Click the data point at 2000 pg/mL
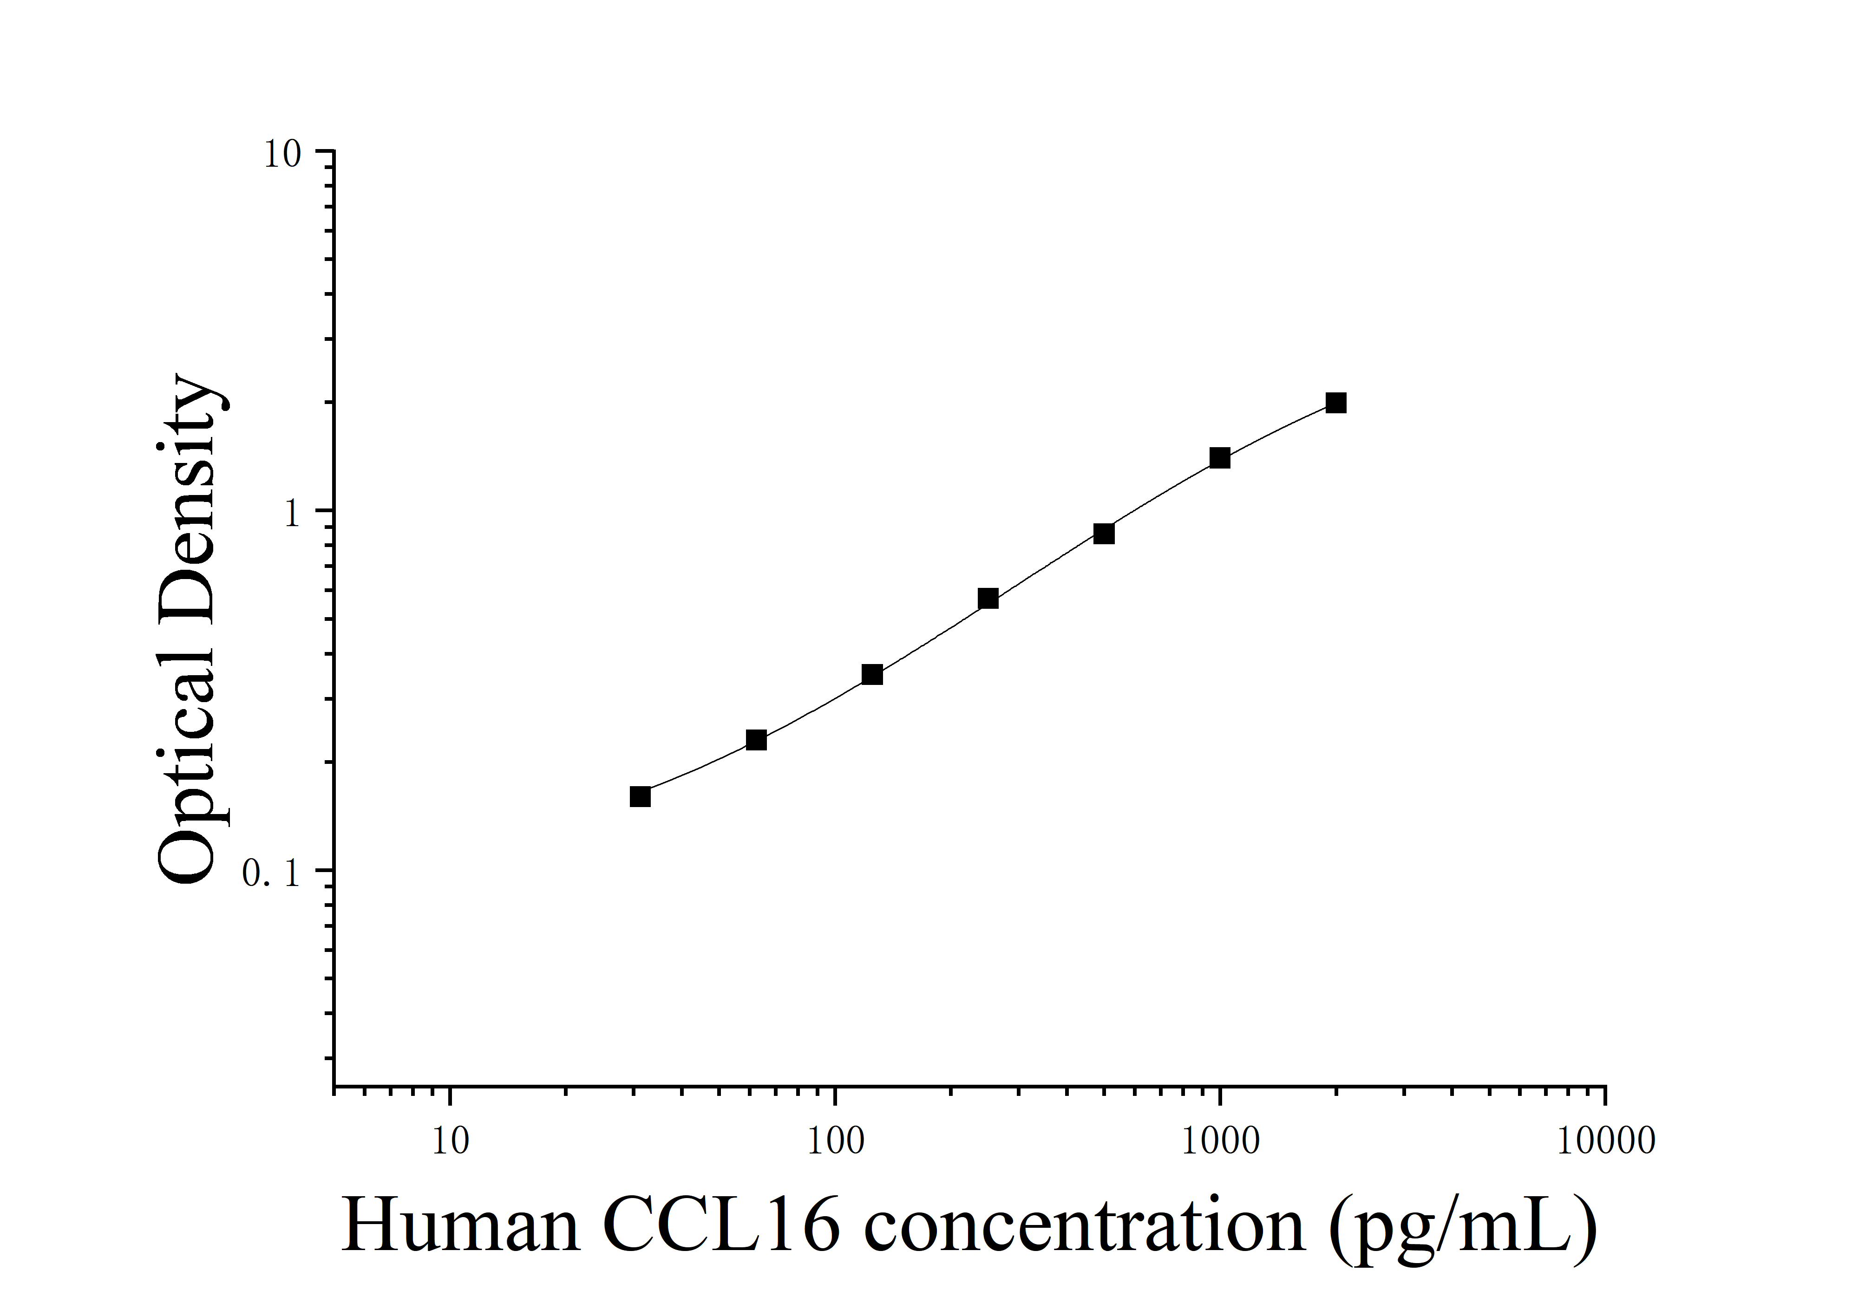[1335, 403]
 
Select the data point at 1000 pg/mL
[1219, 458]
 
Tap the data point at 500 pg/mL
[1103, 534]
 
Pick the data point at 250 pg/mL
[988, 598]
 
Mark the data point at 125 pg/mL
[871, 675]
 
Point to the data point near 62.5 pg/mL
[755, 740]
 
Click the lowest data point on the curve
[640, 796]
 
